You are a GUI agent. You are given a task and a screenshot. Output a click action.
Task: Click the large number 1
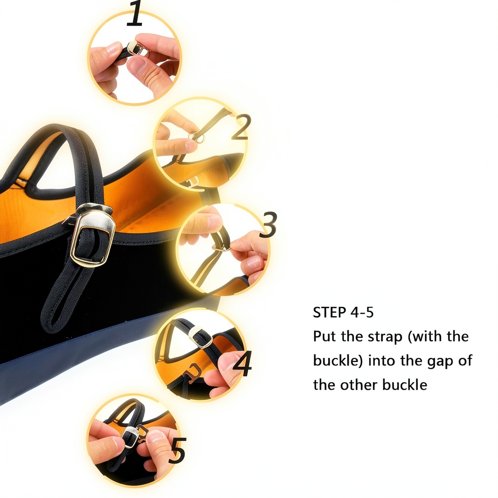click(x=135, y=13)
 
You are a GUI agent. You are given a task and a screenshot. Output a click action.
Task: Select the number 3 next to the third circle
click(x=268, y=224)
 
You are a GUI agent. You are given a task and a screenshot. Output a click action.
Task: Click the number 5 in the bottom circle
click(x=177, y=450)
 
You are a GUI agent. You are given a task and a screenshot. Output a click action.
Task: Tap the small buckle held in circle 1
click(x=138, y=49)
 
